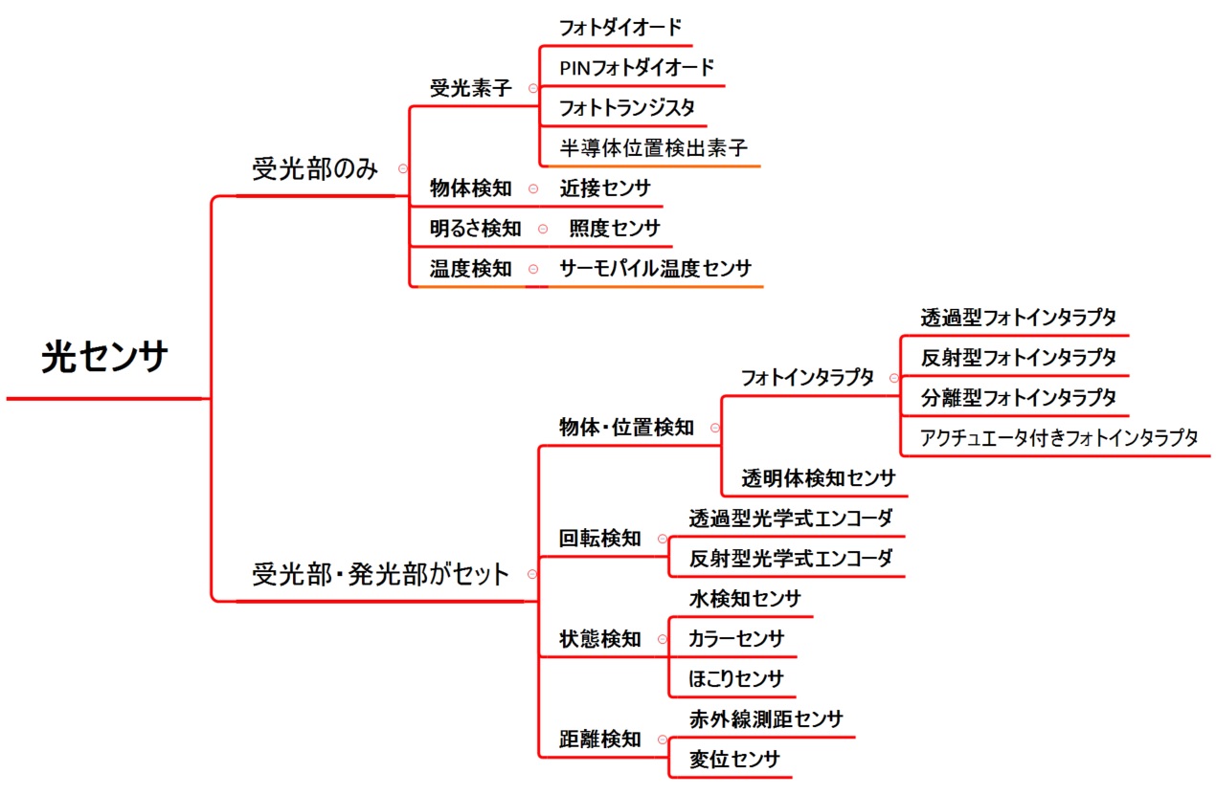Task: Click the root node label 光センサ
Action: pyautogui.click(x=104, y=358)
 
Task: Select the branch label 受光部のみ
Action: pyautogui.click(x=315, y=168)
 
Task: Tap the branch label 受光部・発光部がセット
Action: pyautogui.click(x=380, y=574)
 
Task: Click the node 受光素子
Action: pyautogui.click(x=471, y=88)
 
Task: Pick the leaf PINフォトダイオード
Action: pyautogui.click(x=637, y=68)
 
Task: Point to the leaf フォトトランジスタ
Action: pyautogui.click(x=627, y=108)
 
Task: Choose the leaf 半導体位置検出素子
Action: pyautogui.click(x=654, y=147)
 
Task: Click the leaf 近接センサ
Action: pyautogui.click(x=605, y=188)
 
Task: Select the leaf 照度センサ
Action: pyautogui.click(x=615, y=229)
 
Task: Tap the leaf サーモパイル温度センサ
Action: pyautogui.click(x=656, y=269)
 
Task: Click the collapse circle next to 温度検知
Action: pyautogui.click(x=533, y=269)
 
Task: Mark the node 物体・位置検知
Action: pyautogui.click(x=626, y=428)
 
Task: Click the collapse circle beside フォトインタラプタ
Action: pyautogui.click(x=894, y=378)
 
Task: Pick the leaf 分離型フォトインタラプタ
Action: pyautogui.click(x=1019, y=398)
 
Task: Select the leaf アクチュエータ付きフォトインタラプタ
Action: pyautogui.click(x=1059, y=437)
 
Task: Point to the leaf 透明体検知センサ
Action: pyautogui.click(x=819, y=478)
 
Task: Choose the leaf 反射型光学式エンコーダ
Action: pyautogui.click(x=791, y=559)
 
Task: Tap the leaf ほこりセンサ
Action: pyautogui.click(x=736, y=679)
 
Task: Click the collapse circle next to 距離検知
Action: pyautogui.click(x=663, y=740)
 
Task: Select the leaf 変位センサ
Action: pyautogui.click(x=735, y=760)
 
